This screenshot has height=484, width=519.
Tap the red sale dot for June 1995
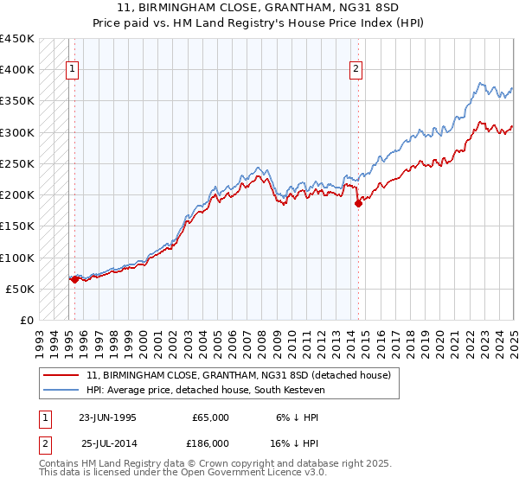coord(74,279)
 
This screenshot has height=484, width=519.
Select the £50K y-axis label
coord(20,289)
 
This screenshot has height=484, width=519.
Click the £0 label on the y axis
coord(26,320)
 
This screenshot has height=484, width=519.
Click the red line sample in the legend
coord(61,375)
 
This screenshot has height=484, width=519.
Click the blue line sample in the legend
coord(61,390)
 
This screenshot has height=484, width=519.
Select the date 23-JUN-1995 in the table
coord(107,417)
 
